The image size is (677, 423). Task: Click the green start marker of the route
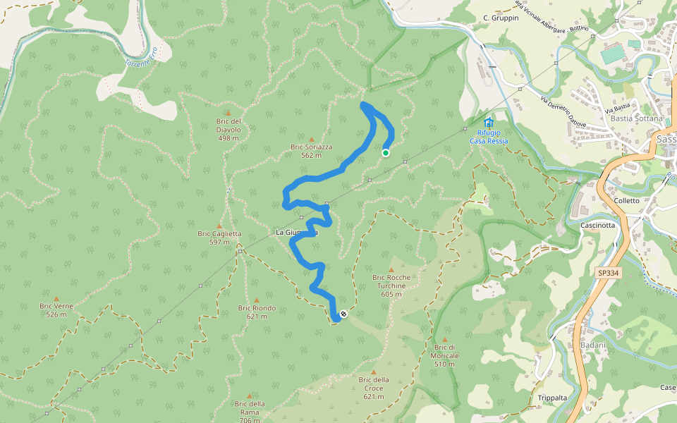click(386, 152)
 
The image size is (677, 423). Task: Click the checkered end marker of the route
click(343, 314)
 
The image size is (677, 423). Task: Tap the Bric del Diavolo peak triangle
click(228, 113)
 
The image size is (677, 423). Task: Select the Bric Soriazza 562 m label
click(311, 151)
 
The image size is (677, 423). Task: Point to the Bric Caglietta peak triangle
click(219, 226)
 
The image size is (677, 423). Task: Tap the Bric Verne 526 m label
click(56, 310)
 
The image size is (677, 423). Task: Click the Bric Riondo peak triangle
click(257, 300)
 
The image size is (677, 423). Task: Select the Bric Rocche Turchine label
click(391, 281)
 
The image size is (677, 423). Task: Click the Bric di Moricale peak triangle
click(444, 339)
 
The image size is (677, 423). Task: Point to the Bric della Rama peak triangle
click(250, 396)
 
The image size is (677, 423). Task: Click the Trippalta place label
click(552, 398)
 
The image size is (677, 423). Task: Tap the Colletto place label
click(626, 200)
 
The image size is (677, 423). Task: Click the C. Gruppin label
click(501, 18)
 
